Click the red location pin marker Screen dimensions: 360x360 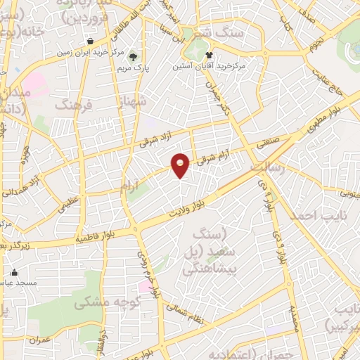point(181,165)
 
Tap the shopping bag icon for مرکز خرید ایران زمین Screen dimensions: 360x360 point(90,39)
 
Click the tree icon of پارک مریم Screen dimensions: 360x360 point(134,58)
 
